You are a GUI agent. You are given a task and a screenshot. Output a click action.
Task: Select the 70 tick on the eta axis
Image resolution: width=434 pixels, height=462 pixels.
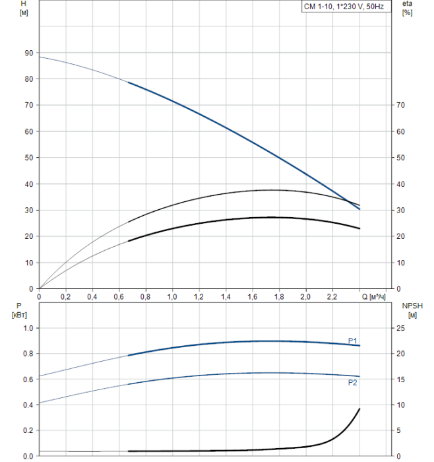click(x=399, y=105)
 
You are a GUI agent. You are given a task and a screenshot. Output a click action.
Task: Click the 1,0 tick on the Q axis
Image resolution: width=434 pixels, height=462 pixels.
click(x=172, y=297)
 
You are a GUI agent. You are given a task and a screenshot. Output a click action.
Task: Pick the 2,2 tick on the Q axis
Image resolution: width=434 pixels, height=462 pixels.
click(x=332, y=297)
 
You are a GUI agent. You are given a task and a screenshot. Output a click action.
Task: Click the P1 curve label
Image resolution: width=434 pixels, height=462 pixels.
click(x=353, y=341)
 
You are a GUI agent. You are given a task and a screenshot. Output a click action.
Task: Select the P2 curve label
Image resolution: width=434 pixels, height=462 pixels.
click(x=353, y=382)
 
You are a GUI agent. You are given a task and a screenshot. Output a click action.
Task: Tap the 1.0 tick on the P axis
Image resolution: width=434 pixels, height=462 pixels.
click(x=28, y=328)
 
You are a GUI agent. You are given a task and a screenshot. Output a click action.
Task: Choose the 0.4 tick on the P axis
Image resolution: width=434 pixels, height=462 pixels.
click(x=28, y=405)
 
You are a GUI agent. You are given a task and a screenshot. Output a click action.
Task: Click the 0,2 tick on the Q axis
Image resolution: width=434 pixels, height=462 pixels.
click(x=66, y=297)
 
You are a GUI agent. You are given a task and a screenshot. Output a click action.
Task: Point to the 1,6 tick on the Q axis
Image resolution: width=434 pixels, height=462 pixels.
click(x=252, y=297)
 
